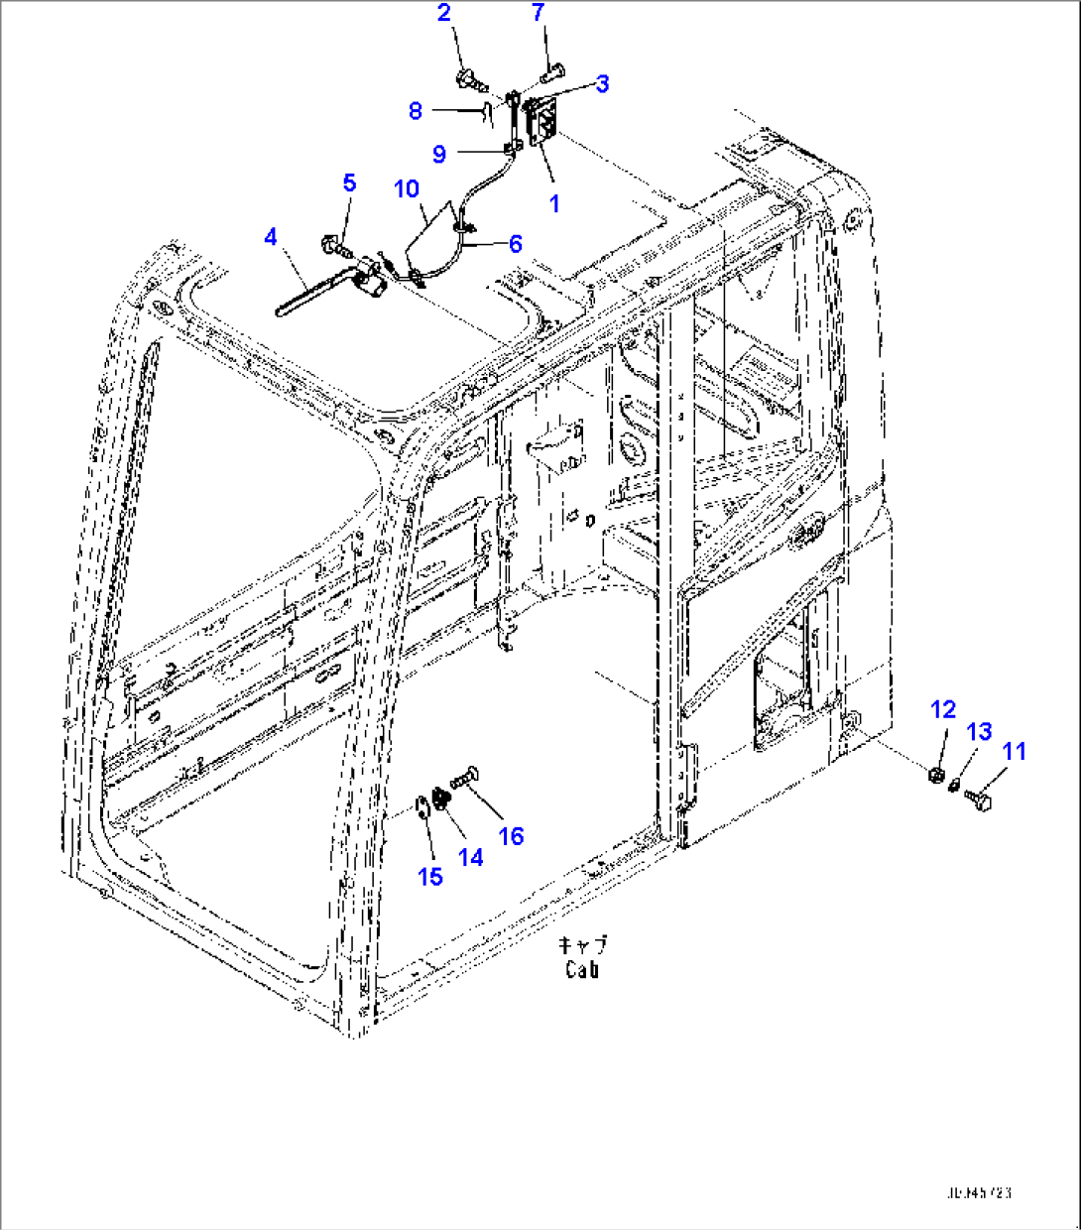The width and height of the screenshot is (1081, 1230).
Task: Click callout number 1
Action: (554, 203)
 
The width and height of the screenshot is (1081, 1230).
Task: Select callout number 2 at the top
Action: (443, 13)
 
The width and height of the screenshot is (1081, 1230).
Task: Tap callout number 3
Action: (602, 83)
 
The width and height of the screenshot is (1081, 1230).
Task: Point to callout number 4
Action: (271, 237)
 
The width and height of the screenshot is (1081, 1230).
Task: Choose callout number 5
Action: (348, 183)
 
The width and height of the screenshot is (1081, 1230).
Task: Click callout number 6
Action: (515, 244)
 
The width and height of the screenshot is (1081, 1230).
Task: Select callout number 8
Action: (416, 111)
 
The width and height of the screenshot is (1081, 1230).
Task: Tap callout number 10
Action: (407, 188)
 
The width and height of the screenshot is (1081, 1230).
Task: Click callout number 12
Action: (942, 709)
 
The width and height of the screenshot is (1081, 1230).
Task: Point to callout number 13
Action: (979, 732)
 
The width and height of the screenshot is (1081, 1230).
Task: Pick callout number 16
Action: (510, 836)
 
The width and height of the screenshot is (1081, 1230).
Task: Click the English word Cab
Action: (582, 970)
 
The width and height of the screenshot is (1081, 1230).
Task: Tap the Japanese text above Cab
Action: (582, 945)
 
